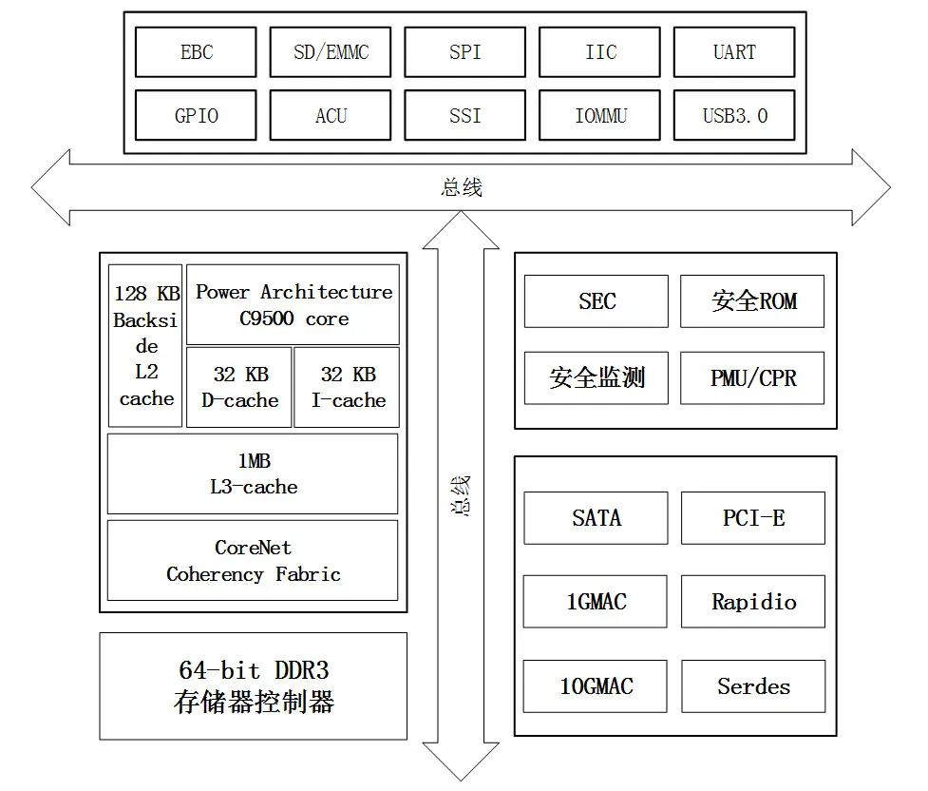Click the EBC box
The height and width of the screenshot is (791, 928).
pyautogui.click(x=196, y=52)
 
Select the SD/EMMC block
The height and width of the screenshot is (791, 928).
pyautogui.click(x=331, y=52)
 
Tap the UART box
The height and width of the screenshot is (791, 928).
pyautogui.click(x=734, y=52)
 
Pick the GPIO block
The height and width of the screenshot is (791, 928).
pyautogui.click(x=196, y=115)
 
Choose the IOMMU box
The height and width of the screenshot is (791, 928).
pyautogui.click(x=599, y=115)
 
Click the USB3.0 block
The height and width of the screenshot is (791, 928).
pyautogui.click(x=734, y=115)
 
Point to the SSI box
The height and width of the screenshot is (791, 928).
pyautogui.click(x=465, y=115)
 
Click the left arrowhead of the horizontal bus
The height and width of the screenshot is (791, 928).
pyautogui.click(x=50, y=187)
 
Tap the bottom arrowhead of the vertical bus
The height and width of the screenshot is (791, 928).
pyautogui.click(x=461, y=762)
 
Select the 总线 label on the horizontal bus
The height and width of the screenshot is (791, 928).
pyautogui.click(x=462, y=187)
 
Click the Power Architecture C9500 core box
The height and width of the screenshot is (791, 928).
pyautogui.click(x=293, y=304)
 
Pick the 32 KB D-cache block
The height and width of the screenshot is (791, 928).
pyautogui.click(x=239, y=387)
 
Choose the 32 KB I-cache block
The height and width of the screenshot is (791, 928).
pyautogui.click(x=347, y=387)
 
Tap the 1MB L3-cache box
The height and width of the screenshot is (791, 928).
pyautogui.click(x=253, y=474)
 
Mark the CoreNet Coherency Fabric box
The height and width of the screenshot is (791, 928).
pyautogui.click(x=253, y=561)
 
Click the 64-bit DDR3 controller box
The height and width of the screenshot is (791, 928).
pyautogui.click(x=254, y=686)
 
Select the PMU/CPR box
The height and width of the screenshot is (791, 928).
pyautogui.click(x=752, y=378)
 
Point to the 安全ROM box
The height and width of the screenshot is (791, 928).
pyautogui.click(x=752, y=301)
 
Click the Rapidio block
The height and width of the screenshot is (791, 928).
pyautogui.click(x=753, y=602)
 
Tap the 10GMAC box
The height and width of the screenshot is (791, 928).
pyautogui.click(x=596, y=686)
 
